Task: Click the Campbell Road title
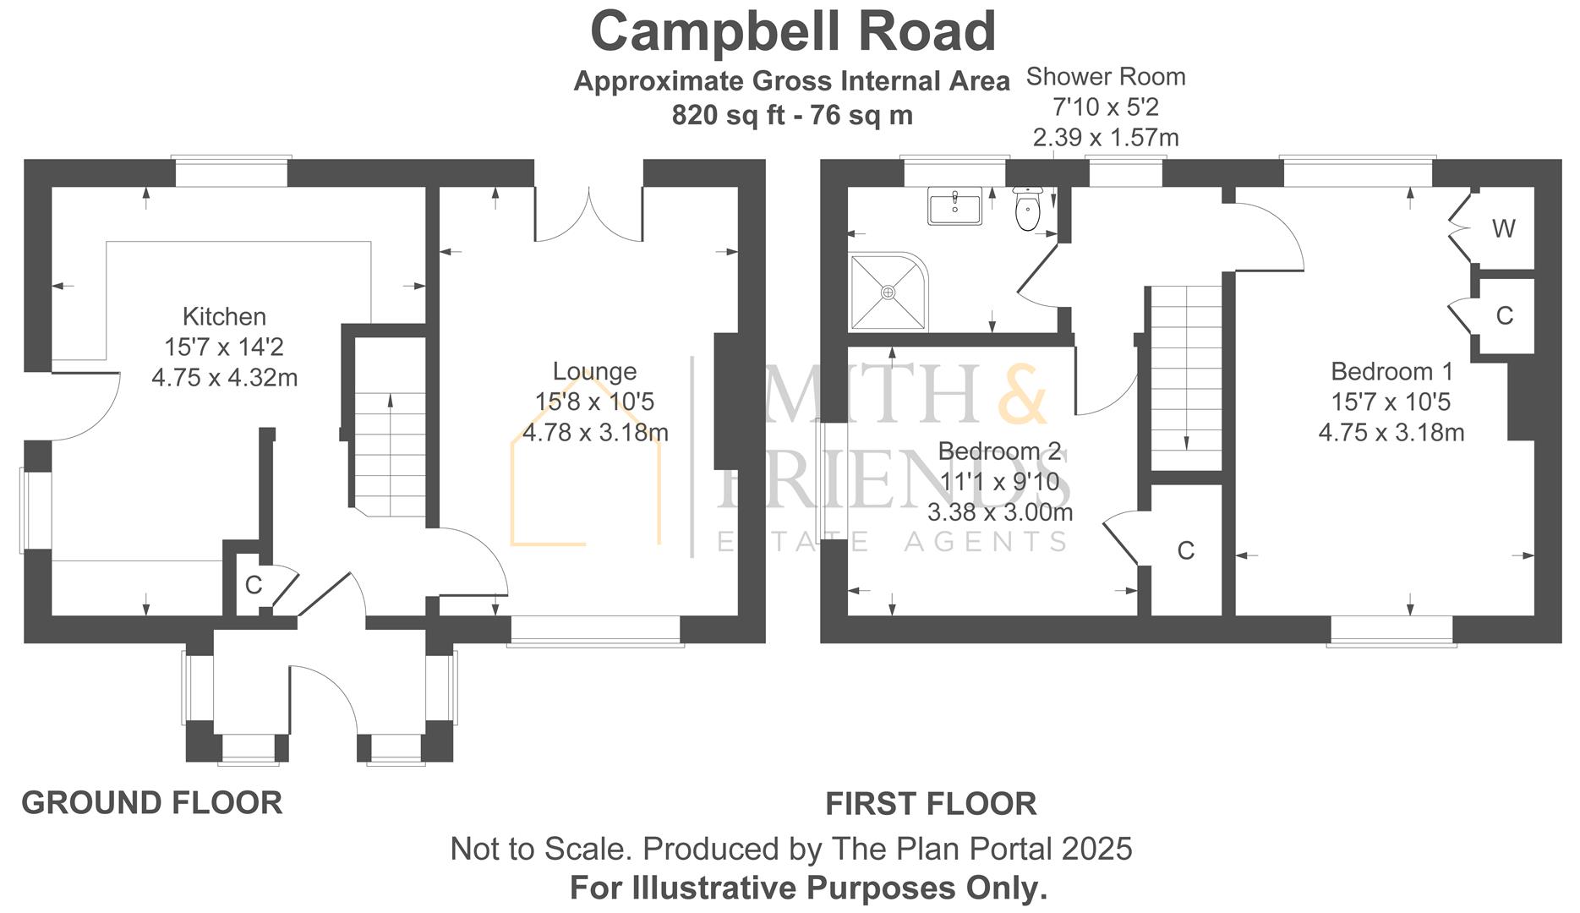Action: pos(792,32)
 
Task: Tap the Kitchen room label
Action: pos(224,317)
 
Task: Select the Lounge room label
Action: pos(594,371)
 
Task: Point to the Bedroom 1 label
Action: pos(1391,371)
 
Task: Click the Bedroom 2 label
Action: pos(999,451)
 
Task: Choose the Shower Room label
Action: pos(1105,77)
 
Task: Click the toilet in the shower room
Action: pos(1027,210)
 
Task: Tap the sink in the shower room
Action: pos(954,205)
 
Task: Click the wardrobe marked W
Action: pos(1503,228)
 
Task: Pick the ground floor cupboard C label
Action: pos(253,585)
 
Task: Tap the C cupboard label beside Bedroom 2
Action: pos(1185,551)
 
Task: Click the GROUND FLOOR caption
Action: pos(152,802)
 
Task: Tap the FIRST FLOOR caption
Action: pos(931,804)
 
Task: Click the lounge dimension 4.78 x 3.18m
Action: pos(595,433)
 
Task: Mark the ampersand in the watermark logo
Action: pos(1024,395)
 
